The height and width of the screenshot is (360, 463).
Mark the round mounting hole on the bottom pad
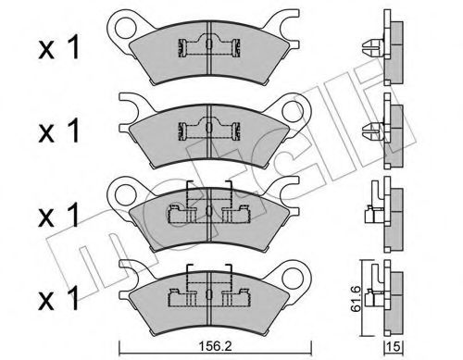(x=299, y=275)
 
